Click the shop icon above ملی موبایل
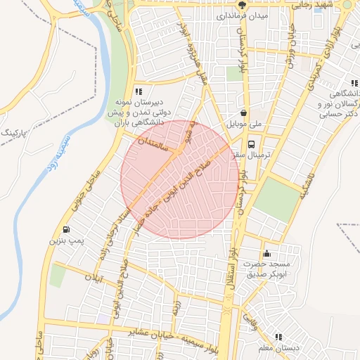(243, 112)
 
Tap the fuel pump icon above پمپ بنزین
(66, 230)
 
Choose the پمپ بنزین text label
(65, 241)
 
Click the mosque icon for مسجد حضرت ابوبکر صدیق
(266, 254)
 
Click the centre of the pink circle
(180, 179)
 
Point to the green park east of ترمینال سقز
(277, 199)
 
